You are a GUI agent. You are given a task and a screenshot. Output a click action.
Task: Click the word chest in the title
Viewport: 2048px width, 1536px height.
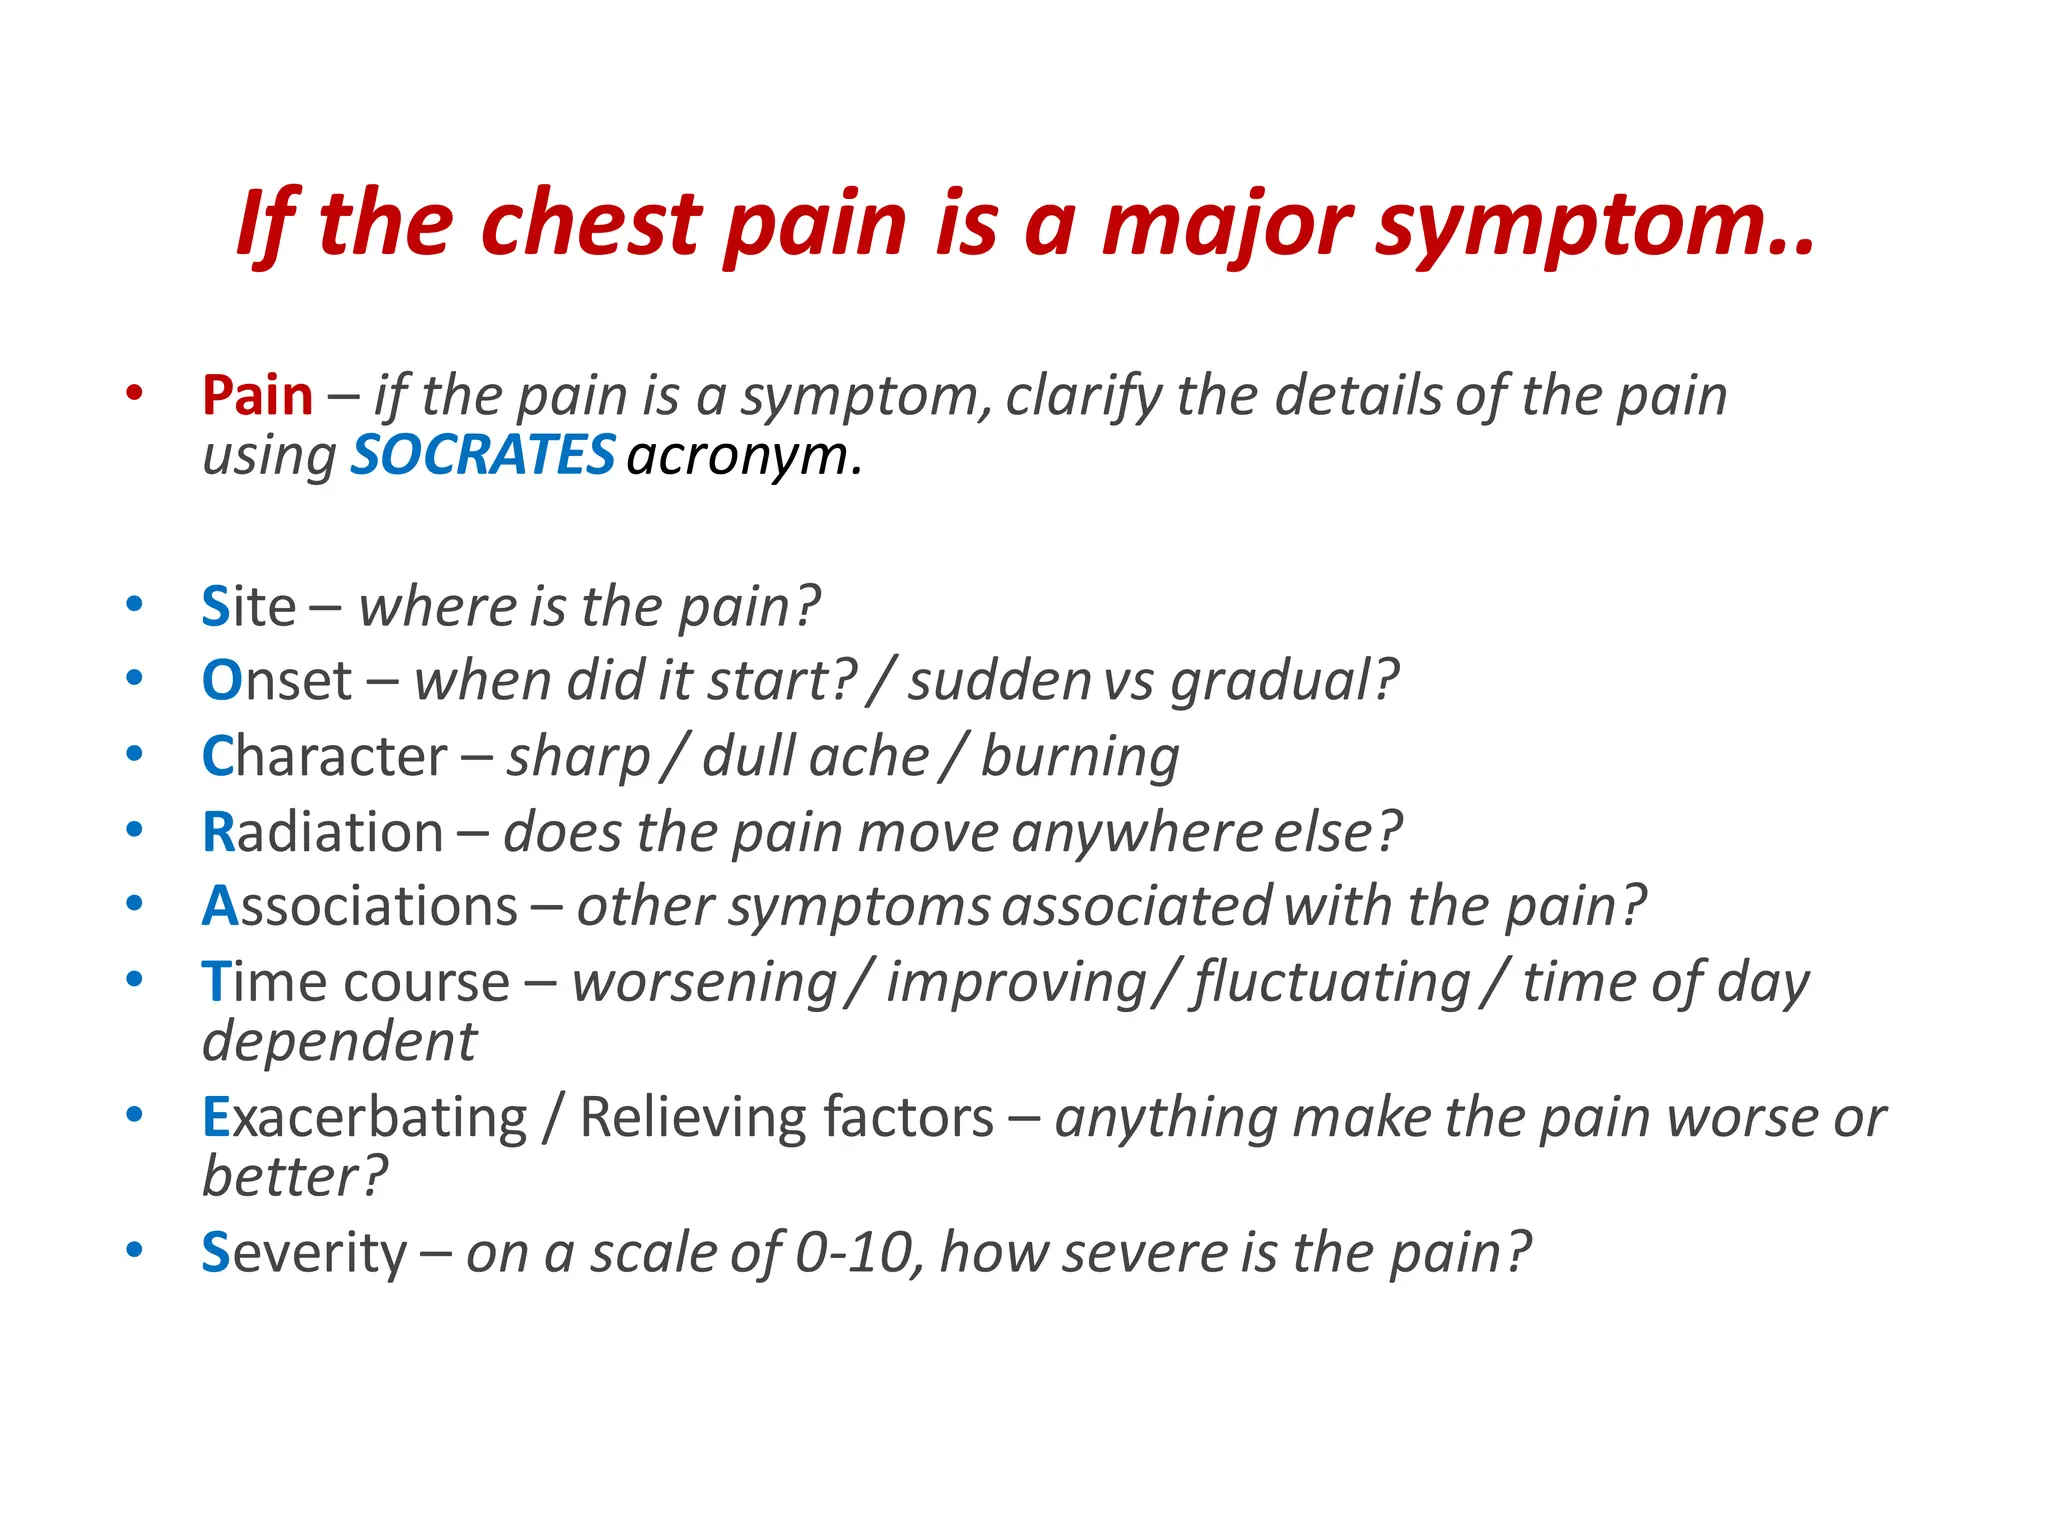coord(591,224)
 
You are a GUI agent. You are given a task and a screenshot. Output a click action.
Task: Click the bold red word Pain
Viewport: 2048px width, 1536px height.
coord(257,395)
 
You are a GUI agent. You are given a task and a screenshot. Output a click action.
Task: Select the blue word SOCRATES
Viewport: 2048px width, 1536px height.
coord(482,455)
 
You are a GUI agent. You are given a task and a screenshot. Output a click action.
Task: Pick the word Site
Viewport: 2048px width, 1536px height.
coord(248,606)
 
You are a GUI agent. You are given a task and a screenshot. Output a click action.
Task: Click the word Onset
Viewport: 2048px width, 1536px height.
coord(276,681)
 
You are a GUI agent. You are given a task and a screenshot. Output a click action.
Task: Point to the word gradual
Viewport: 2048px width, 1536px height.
coord(1283,682)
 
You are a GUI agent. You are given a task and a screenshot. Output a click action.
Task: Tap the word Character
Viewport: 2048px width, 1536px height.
coord(324,756)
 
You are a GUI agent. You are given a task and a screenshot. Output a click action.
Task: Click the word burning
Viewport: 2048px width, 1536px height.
coord(1080,756)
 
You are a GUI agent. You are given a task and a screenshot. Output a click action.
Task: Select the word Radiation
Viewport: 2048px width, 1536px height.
coord(322,832)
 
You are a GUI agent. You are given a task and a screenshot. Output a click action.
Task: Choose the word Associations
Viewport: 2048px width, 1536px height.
coord(359,907)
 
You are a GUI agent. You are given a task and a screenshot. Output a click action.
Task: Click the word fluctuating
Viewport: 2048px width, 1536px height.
coord(1331,983)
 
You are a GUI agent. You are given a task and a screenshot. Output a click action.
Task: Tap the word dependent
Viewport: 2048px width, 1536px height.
coord(339,1043)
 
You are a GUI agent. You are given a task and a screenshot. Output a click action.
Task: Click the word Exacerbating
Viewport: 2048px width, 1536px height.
coord(364,1117)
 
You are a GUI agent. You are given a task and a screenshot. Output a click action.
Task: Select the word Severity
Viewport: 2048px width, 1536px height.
coord(304,1253)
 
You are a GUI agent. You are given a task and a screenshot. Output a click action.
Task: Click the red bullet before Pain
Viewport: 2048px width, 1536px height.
coord(134,393)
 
